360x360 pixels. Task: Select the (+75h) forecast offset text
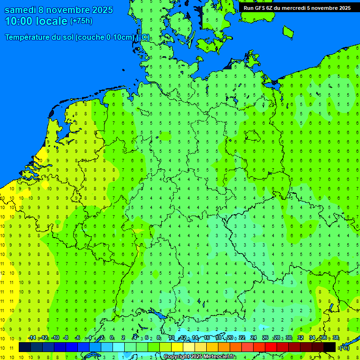coord(81,21)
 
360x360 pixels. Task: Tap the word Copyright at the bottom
coord(177,357)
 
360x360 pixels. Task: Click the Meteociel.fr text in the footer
coord(220,357)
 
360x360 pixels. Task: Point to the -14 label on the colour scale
coord(31,338)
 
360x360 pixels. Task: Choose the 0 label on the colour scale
coord(112,338)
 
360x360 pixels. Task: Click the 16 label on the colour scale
coord(206,338)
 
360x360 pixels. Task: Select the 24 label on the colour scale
coord(254,338)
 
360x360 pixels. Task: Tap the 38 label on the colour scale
coord(336,338)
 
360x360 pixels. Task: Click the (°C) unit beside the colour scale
coord(344,347)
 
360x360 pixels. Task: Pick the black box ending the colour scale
coord(329,347)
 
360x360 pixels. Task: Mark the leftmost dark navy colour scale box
coord(25,347)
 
